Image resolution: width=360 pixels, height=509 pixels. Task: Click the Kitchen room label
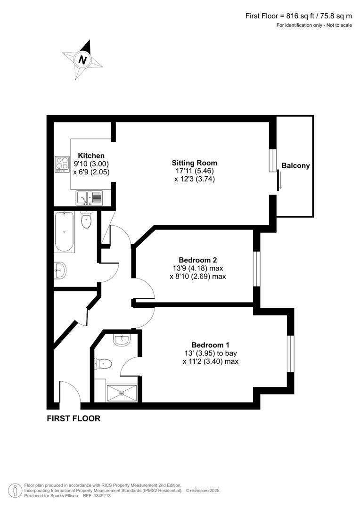pyautogui.click(x=91, y=156)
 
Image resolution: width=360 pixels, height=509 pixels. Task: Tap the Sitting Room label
pyautogui.click(x=194, y=163)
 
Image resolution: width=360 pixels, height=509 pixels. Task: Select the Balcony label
pyautogui.click(x=295, y=165)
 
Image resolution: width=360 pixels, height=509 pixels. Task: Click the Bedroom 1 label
pyautogui.click(x=210, y=345)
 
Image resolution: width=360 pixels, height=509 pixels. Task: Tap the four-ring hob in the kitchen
pyautogui.click(x=62, y=163)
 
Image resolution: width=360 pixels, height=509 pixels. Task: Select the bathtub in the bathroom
pyautogui.click(x=64, y=232)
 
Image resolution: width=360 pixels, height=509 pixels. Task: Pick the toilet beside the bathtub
pyautogui.click(x=86, y=221)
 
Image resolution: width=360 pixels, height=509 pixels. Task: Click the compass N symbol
pyautogui.click(x=83, y=60)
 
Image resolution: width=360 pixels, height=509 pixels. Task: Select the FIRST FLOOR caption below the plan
pyautogui.click(x=74, y=419)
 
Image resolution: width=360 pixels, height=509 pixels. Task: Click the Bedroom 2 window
pyautogui.click(x=256, y=269)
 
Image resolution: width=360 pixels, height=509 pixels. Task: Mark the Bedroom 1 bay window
pyautogui.click(x=291, y=353)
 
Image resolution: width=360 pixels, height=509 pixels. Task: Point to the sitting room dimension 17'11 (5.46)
pyautogui.click(x=194, y=171)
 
